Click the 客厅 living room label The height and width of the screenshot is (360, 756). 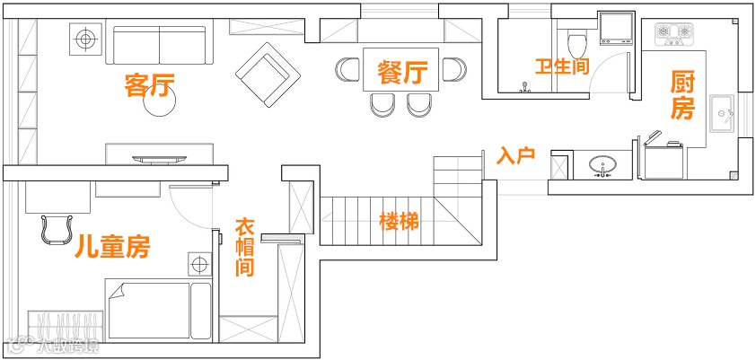(149, 86)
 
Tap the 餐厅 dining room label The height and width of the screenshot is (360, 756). (401, 71)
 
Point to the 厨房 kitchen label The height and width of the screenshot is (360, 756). (682, 96)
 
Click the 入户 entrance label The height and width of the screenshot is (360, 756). (515, 155)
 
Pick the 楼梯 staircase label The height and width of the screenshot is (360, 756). (399, 221)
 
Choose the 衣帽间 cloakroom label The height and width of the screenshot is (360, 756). (244, 247)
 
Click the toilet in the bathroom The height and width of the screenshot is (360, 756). (577, 40)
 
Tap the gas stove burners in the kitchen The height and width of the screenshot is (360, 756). (676, 34)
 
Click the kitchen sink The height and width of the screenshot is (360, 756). (723, 113)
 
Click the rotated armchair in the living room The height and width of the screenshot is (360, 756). (266, 70)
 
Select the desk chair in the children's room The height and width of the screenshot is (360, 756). (57, 228)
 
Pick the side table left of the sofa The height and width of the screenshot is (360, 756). (86, 40)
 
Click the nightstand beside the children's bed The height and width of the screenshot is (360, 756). (198, 266)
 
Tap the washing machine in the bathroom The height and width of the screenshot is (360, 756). (617, 28)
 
